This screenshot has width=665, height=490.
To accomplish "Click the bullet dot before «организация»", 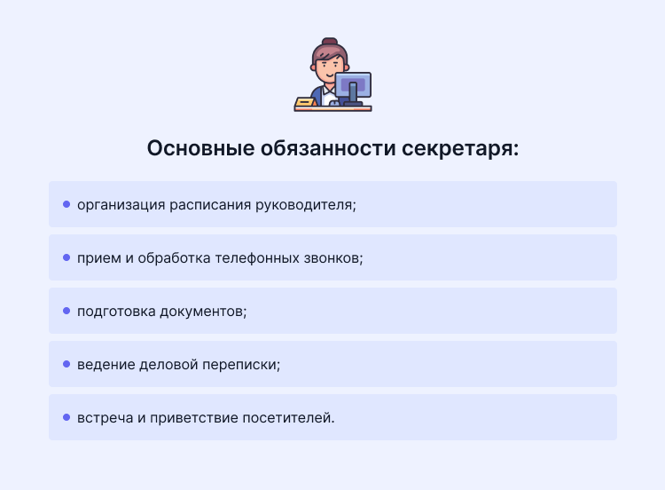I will coord(66,204).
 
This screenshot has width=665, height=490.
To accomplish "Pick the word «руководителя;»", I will coord(305,205).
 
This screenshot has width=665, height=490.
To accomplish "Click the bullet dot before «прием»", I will coord(66,257).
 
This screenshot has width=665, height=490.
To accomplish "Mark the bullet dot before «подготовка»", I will coord(66,311).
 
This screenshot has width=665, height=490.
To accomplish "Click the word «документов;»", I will coord(206,312).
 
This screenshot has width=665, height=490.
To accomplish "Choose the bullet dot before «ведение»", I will coord(66,364).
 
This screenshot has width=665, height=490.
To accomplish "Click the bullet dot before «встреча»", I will coord(66,417).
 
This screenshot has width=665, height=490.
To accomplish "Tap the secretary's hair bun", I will coord(330,43).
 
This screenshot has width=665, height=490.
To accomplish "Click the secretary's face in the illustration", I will coord(328,66).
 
